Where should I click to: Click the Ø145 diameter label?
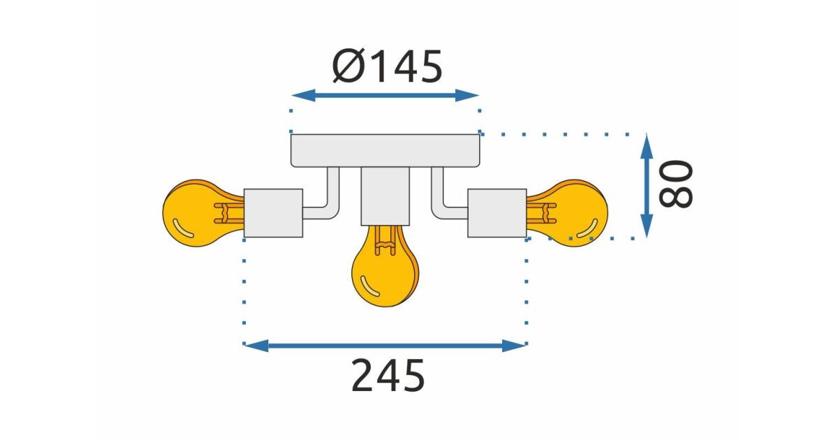click(x=387, y=67)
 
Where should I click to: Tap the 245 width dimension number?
click(x=388, y=376)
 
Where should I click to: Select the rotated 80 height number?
click(x=676, y=184)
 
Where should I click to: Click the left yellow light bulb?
click(x=196, y=212)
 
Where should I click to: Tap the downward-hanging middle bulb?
click(x=384, y=269)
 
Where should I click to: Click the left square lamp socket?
click(x=273, y=213)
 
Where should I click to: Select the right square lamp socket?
click(x=497, y=213)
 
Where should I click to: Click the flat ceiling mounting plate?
click(x=385, y=150)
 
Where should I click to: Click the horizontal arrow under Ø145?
click(x=385, y=96)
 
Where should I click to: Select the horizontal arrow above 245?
click(x=385, y=345)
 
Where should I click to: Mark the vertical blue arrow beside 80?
click(x=647, y=185)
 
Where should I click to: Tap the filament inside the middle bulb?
click(x=384, y=241)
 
